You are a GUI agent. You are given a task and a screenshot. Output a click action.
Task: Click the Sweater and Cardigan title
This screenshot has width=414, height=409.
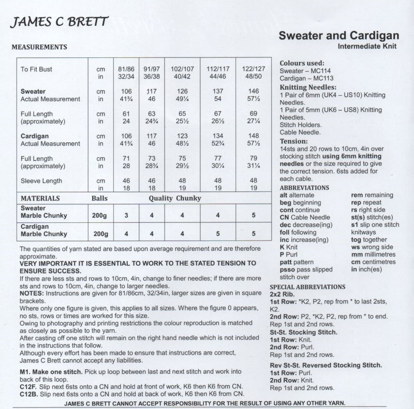(339, 36)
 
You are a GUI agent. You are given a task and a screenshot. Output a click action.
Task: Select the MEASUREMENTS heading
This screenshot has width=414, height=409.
(39, 47)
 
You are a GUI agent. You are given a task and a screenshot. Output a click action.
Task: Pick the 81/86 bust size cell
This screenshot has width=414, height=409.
(124, 68)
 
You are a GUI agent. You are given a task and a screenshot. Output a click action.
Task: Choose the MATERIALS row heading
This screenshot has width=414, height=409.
(40, 198)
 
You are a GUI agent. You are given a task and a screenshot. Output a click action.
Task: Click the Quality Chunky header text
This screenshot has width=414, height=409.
(176, 198)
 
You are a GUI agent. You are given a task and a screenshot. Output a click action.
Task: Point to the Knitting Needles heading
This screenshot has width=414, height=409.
(308, 87)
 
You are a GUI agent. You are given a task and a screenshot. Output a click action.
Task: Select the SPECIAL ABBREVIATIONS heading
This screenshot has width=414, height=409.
(312, 286)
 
